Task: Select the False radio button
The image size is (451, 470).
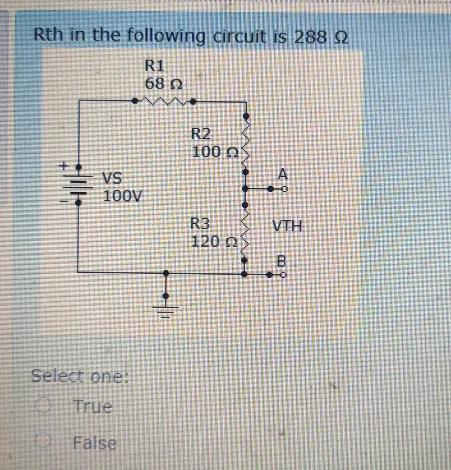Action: tap(42, 442)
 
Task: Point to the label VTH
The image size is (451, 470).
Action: tap(287, 226)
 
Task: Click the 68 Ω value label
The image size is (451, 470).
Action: tap(163, 84)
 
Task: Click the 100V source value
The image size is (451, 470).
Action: tap(122, 196)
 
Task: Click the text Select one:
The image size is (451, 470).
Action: tap(79, 376)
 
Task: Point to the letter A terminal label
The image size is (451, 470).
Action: tap(283, 174)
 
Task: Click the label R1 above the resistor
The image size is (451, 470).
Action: tap(154, 66)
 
